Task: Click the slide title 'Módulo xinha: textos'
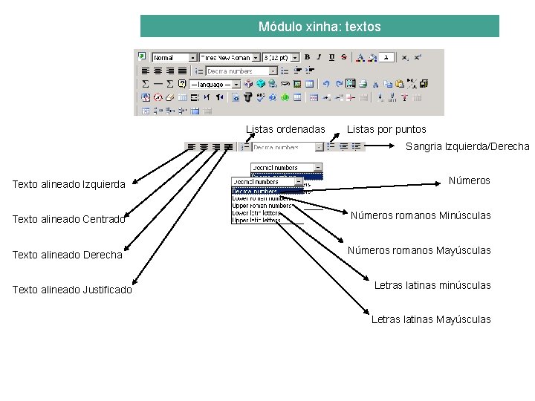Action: [320, 27]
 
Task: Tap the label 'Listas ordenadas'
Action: [285, 129]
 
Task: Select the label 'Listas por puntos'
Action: [386, 129]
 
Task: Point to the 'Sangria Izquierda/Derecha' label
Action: [467, 146]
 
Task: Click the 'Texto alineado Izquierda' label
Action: [68, 184]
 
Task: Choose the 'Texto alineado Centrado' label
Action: [68, 219]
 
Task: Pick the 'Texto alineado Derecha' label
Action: [67, 255]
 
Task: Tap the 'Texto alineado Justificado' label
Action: [72, 290]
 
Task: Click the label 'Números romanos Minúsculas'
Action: [421, 215]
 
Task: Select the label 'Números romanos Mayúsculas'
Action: [419, 250]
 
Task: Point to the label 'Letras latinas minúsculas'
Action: [432, 285]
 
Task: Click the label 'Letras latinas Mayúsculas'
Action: [431, 319]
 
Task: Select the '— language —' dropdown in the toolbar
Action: [215, 85]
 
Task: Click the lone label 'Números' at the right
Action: [469, 180]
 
